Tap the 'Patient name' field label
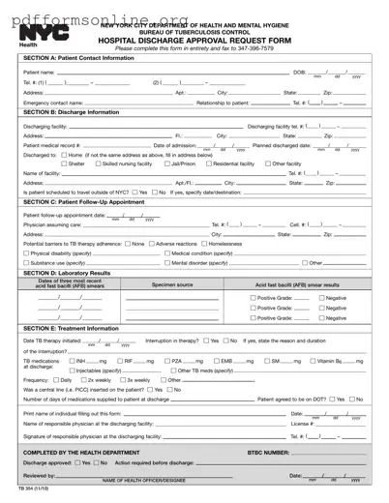(39, 73)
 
